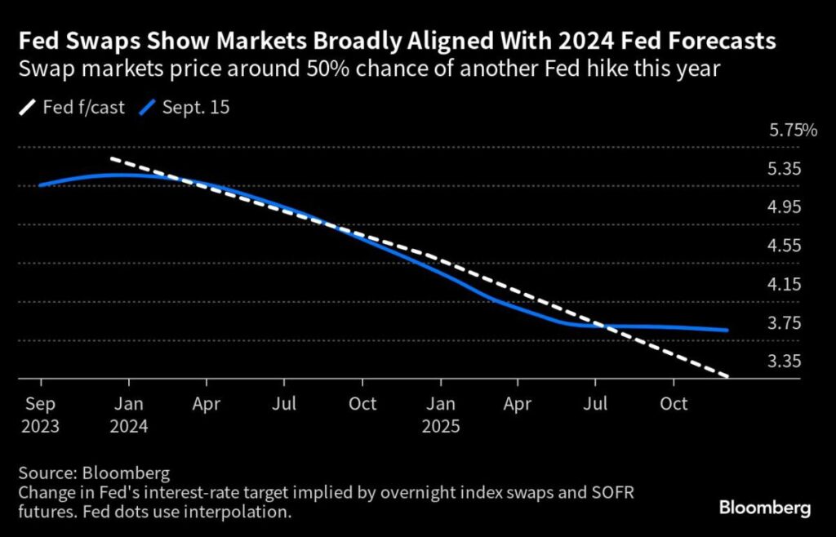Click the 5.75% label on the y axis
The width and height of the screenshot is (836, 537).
[793, 131]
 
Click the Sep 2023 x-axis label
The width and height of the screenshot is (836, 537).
[41, 415]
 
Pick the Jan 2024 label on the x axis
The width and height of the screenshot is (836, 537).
[128, 415]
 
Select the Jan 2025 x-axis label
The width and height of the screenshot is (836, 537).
[441, 415]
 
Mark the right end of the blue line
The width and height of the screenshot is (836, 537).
[727, 331]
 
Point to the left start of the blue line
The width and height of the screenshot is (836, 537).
[39, 185]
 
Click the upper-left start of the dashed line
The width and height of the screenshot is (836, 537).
[111, 158]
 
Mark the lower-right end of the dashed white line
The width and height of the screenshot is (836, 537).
[727, 376]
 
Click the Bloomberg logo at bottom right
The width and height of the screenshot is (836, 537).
[764, 508]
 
